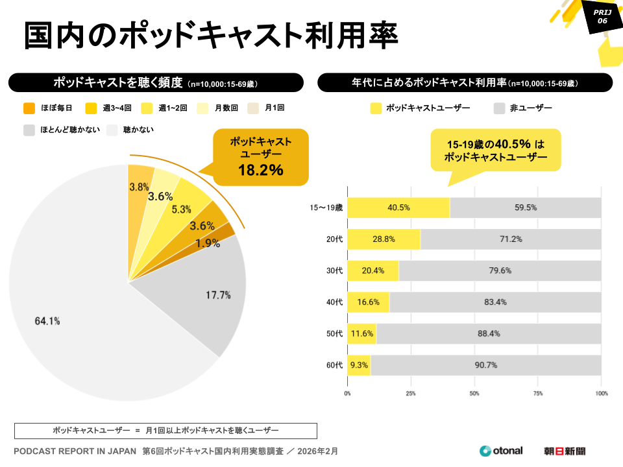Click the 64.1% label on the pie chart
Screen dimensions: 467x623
click(x=47, y=320)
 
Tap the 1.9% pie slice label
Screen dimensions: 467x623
click(x=207, y=243)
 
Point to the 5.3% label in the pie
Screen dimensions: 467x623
click(x=181, y=210)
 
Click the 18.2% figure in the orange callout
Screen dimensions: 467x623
click(x=260, y=171)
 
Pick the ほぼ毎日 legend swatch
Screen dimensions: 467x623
click(x=29, y=108)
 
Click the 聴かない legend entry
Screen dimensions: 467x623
click(x=138, y=130)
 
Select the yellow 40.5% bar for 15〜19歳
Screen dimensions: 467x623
click(x=398, y=208)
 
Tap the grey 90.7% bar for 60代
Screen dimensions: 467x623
click(x=485, y=365)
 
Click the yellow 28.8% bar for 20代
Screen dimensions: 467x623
click(x=384, y=239)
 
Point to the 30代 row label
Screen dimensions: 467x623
click(x=334, y=270)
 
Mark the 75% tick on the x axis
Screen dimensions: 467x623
click(x=538, y=393)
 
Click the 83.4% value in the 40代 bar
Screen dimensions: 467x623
click(x=495, y=302)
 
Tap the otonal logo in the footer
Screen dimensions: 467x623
click(x=501, y=451)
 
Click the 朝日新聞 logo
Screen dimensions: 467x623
click(x=565, y=451)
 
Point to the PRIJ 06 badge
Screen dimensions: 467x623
click(x=602, y=16)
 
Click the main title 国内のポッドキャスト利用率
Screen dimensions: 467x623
click(x=211, y=35)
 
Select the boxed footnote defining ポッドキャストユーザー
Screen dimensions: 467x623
click(x=165, y=431)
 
